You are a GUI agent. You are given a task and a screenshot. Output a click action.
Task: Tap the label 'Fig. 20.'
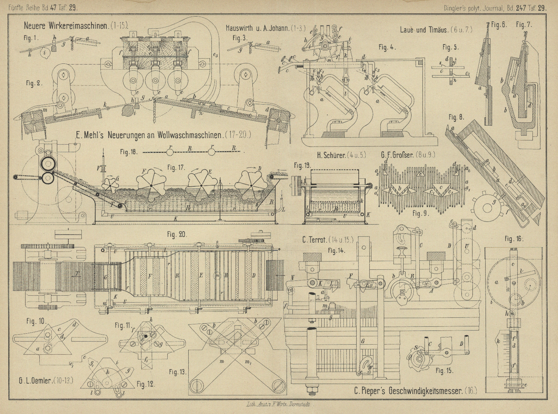pos(177,235)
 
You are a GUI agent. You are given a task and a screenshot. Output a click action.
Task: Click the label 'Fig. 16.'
pos(514,238)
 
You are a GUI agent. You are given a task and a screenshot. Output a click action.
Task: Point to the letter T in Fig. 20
pos(78,275)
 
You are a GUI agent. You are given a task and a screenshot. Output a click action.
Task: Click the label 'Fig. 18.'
pos(128,151)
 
